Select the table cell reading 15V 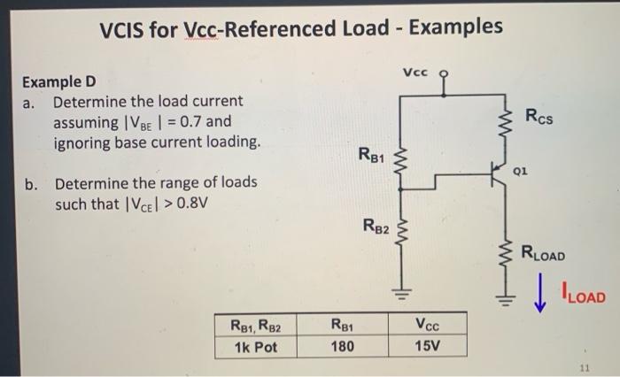click(426, 346)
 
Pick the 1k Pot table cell click(256, 346)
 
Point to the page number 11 click(584, 365)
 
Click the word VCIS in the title click(126, 27)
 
